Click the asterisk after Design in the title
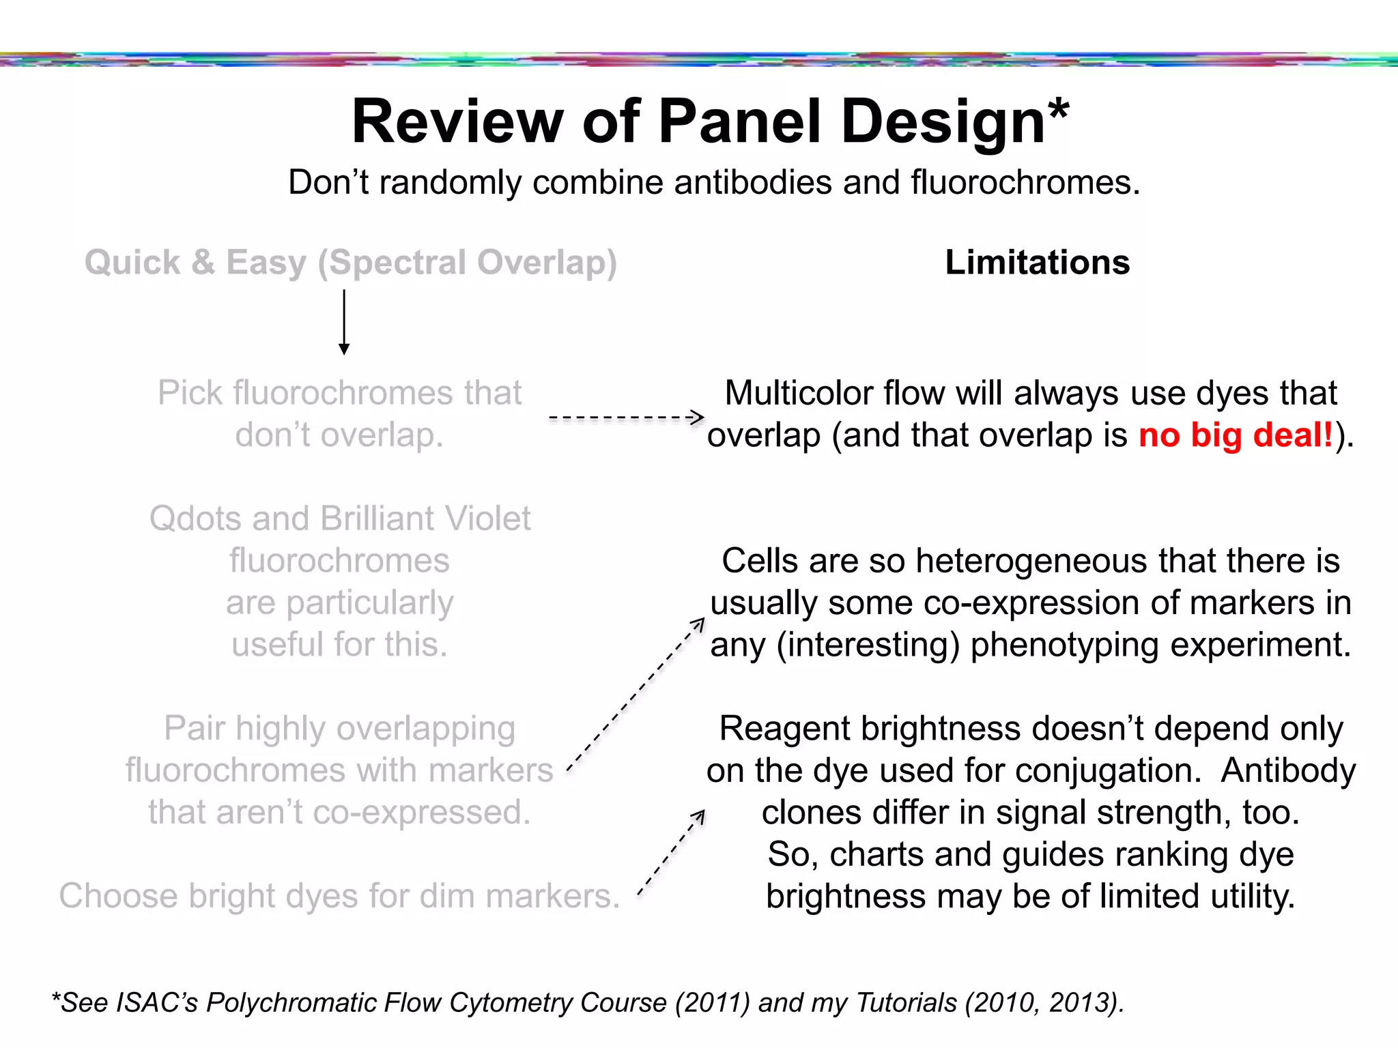1059,109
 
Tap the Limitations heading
1037,263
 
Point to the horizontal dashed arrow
626,417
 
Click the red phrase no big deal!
1236,435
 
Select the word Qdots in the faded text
195,519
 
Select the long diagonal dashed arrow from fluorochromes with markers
636,696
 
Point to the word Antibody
1288,771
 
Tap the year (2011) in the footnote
713,1003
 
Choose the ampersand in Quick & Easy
203,263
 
